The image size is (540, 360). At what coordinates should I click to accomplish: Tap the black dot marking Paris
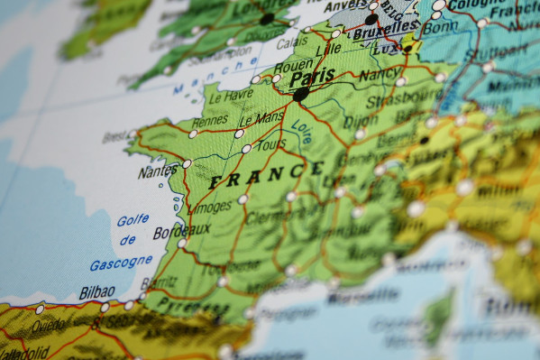(x=301, y=93)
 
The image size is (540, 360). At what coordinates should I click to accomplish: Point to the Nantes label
(x=158, y=171)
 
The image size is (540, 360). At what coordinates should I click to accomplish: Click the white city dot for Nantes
(x=187, y=164)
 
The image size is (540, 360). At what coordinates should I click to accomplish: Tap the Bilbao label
(x=97, y=292)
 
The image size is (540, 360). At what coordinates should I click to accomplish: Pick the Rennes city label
(x=210, y=120)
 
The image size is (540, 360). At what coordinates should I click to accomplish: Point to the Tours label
(x=271, y=144)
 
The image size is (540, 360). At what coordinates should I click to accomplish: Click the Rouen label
(x=269, y=65)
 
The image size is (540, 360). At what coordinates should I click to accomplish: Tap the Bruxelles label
(x=380, y=34)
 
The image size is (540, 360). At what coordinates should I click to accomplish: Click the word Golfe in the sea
(x=133, y=220)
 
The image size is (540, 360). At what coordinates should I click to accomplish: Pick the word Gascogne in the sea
(x=121, y=263)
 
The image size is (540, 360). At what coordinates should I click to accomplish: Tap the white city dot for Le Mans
(x=239, y=134)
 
